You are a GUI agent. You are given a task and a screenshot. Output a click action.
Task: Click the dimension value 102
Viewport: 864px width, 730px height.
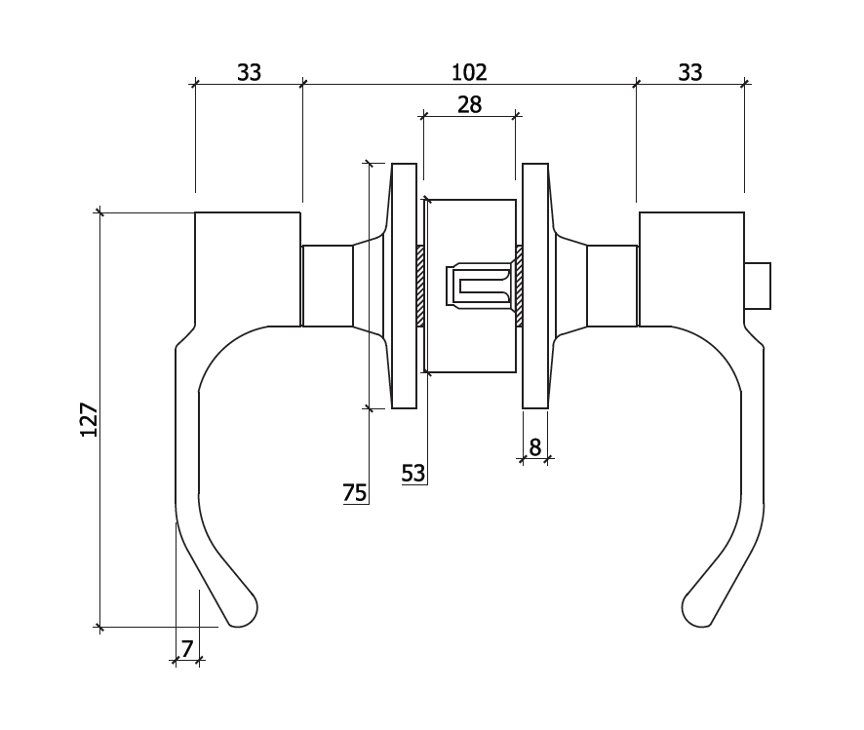(469, 72)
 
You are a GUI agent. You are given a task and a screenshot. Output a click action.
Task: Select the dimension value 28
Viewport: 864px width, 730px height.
(469, 105)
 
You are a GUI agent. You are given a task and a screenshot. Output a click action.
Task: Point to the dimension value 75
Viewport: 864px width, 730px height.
(355, 493)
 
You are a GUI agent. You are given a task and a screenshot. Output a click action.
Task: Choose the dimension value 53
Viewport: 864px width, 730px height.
(413, 474)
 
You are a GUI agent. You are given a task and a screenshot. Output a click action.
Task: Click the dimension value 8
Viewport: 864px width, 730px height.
(534, 447)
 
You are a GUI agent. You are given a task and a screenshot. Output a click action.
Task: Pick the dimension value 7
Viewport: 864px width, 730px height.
(187, 648)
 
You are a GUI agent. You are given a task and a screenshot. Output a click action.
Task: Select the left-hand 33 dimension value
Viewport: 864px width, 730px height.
(249, 72)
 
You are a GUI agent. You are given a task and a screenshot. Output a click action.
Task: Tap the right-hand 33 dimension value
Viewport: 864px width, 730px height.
(689, 72)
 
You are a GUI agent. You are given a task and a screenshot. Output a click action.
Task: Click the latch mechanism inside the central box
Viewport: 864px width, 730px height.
(479, 286)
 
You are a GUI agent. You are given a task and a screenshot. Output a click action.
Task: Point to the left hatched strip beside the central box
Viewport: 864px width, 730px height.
(420, 286)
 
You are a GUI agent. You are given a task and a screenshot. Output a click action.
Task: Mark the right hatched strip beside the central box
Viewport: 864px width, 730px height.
(519, 286)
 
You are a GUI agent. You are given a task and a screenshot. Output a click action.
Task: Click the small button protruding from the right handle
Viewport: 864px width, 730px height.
(758, 286)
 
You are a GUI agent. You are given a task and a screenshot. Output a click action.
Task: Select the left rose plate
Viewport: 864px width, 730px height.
(405, 286)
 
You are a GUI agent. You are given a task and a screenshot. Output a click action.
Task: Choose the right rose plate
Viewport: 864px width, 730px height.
(534, 286)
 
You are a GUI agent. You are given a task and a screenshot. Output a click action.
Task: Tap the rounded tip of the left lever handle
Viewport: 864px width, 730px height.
(244, 611)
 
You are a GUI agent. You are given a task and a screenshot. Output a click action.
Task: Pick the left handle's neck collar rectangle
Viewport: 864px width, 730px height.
(327, 286)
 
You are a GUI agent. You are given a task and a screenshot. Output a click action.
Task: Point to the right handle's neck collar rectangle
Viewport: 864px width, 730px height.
(612, 286)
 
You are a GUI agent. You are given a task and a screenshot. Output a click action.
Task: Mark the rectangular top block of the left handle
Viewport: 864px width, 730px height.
(248, 268)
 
